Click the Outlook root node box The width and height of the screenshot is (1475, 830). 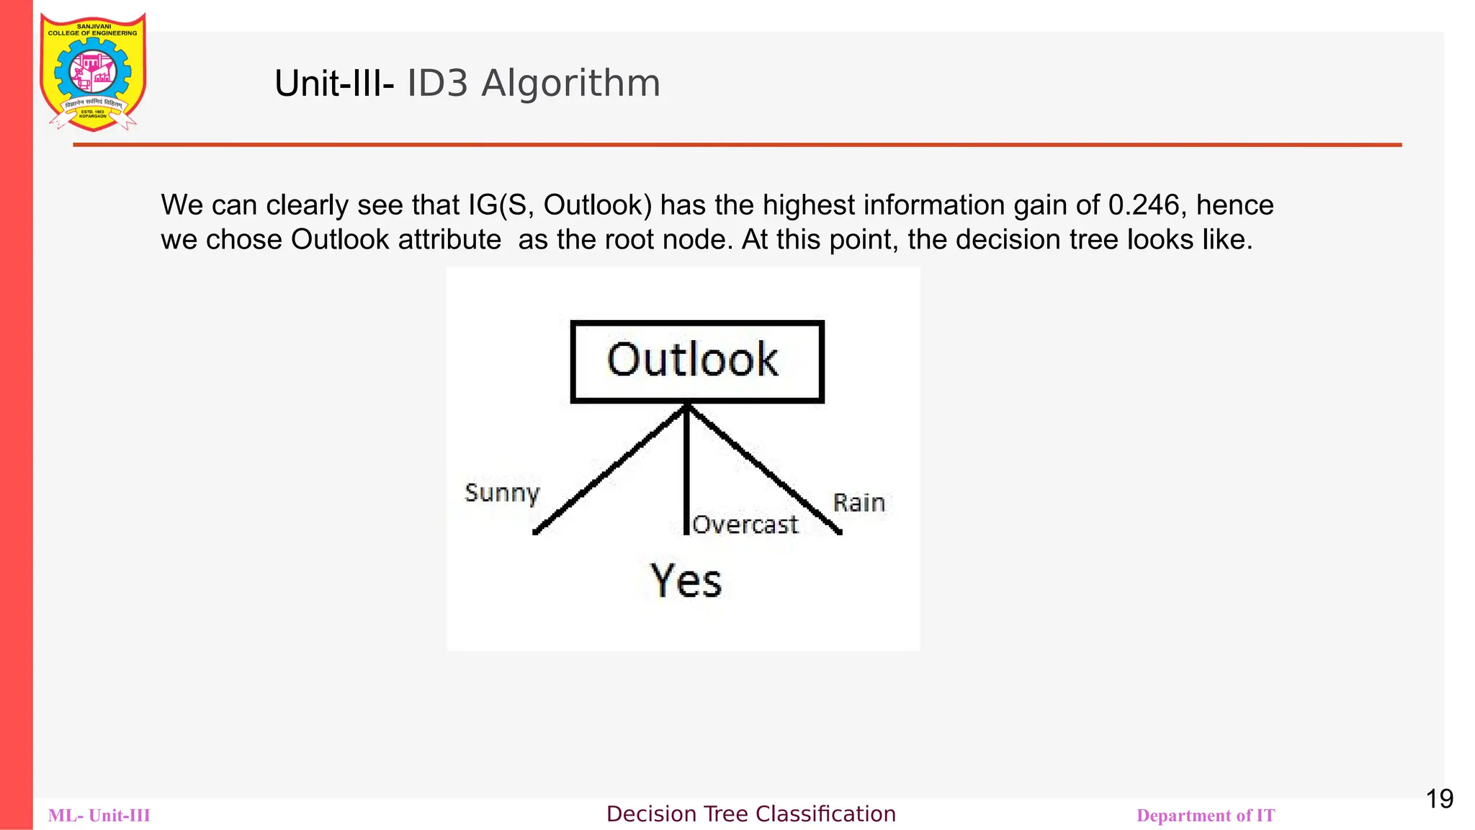coord(696,361)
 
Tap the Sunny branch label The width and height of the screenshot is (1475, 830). coord(502,493)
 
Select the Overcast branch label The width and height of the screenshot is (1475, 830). coord(745,525)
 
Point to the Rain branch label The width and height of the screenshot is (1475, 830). coord(858,502)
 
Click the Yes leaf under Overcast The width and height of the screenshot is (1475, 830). coord(686,581)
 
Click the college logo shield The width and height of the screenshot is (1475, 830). coord(93,72)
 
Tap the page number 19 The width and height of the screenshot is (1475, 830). coord(1439,799)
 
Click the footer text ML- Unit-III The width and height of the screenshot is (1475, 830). coord(99,816)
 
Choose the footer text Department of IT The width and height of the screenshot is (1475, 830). coord(1205,816)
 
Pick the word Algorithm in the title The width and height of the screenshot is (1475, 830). coord(570,84)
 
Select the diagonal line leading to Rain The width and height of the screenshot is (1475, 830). coord(763,468)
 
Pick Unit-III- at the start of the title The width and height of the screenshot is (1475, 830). coord(334,84)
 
